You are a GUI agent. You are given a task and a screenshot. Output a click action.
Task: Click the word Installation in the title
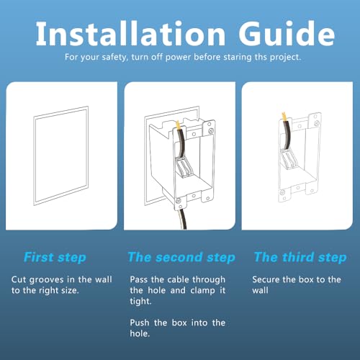pyautogui.click(x=130, y=33)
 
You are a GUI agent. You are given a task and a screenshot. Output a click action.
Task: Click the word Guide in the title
pyautogui.click(x=287, y=33)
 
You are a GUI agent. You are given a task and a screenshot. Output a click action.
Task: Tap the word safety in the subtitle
pyautogui.click(x=114, y=58)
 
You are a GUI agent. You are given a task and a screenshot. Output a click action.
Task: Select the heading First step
pyautogui.click(x=55, y=258)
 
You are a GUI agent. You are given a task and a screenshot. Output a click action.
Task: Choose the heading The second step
pyautogui.click(x=181, y=258)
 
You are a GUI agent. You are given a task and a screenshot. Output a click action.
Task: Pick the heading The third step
pyautogui.click(x=300, y=258)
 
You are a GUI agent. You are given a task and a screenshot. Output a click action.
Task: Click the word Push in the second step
pyautogui.click(x=140, y=323)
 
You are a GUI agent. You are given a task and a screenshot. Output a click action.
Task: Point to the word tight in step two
pyautogui.click(x=140, y=301)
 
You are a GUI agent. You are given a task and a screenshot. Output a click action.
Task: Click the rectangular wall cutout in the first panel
pyautogui.click(x=61, y=156)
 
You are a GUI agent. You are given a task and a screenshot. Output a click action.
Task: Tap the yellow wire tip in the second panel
pyautogui.click(x=178, y=125)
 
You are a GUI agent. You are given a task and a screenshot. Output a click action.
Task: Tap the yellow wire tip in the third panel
pyautogui.click(x=284, y=117)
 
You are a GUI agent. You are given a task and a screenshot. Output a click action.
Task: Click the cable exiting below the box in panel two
pyautogui.click(x=182, y=219)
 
